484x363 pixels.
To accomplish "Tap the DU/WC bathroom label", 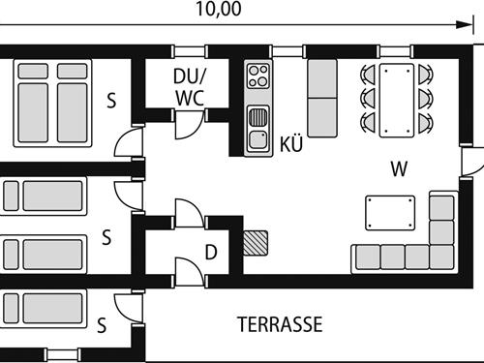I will pyautogui.click(x=189, y=86).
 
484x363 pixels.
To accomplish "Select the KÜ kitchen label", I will pyautogui.click(x=291, y=145).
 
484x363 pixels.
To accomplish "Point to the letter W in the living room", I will pyautogui.click(x=398, y=168).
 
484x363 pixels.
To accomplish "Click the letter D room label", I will pyautogui.click(x=210, y=254).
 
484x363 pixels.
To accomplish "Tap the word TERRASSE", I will pyautogui.click(x=280, y=323).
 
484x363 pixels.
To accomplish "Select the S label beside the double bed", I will pyautogui.click(x=112, y=99).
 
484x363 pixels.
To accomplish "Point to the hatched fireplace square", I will pyautogui.click(x=257, y=242).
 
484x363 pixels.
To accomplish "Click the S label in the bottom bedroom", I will pyautogui.click(x=102, y=326).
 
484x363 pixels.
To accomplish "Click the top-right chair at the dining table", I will pyautogui.click(x=425, y=74).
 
